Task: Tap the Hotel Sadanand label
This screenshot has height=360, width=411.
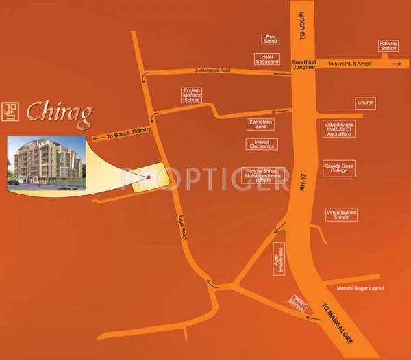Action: (x=268, y=60)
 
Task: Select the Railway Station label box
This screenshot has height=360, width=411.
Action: (x=388, y=46)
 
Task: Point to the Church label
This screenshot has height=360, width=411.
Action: (x=365, y=103)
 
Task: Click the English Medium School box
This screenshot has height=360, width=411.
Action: (x=192, y=95)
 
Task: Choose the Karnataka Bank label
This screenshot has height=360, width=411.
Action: (x=261, y=124)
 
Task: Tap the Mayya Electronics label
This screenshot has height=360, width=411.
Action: (x=261, y=144)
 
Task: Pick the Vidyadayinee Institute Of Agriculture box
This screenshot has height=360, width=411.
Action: (x=340, y=129)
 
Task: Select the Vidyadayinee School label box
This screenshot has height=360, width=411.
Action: (x=342, y=215)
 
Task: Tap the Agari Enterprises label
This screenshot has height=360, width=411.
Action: (x=278, y=259)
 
